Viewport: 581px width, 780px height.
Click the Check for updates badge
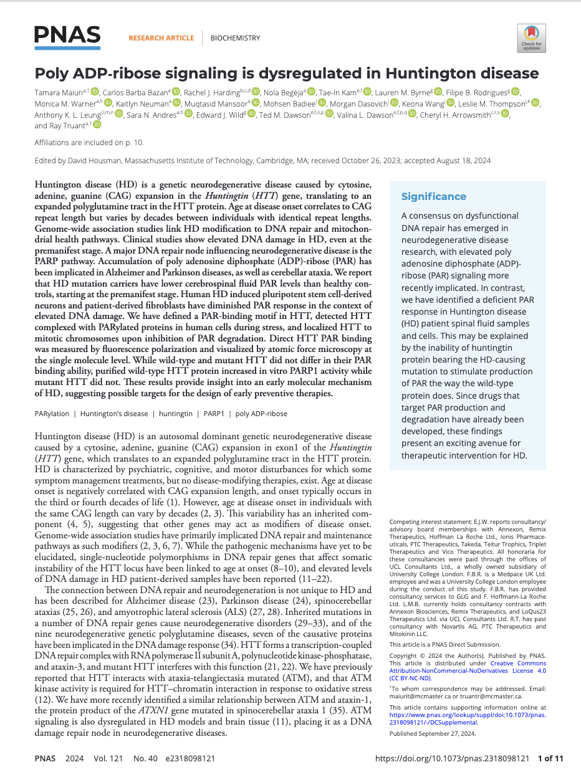pos(532,38)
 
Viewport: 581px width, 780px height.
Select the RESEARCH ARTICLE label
pos(161,38)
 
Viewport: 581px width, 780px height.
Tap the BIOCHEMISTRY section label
pos(235,38)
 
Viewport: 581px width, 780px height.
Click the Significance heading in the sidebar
pos(433,197)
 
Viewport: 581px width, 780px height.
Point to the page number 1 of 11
pos(550,759)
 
